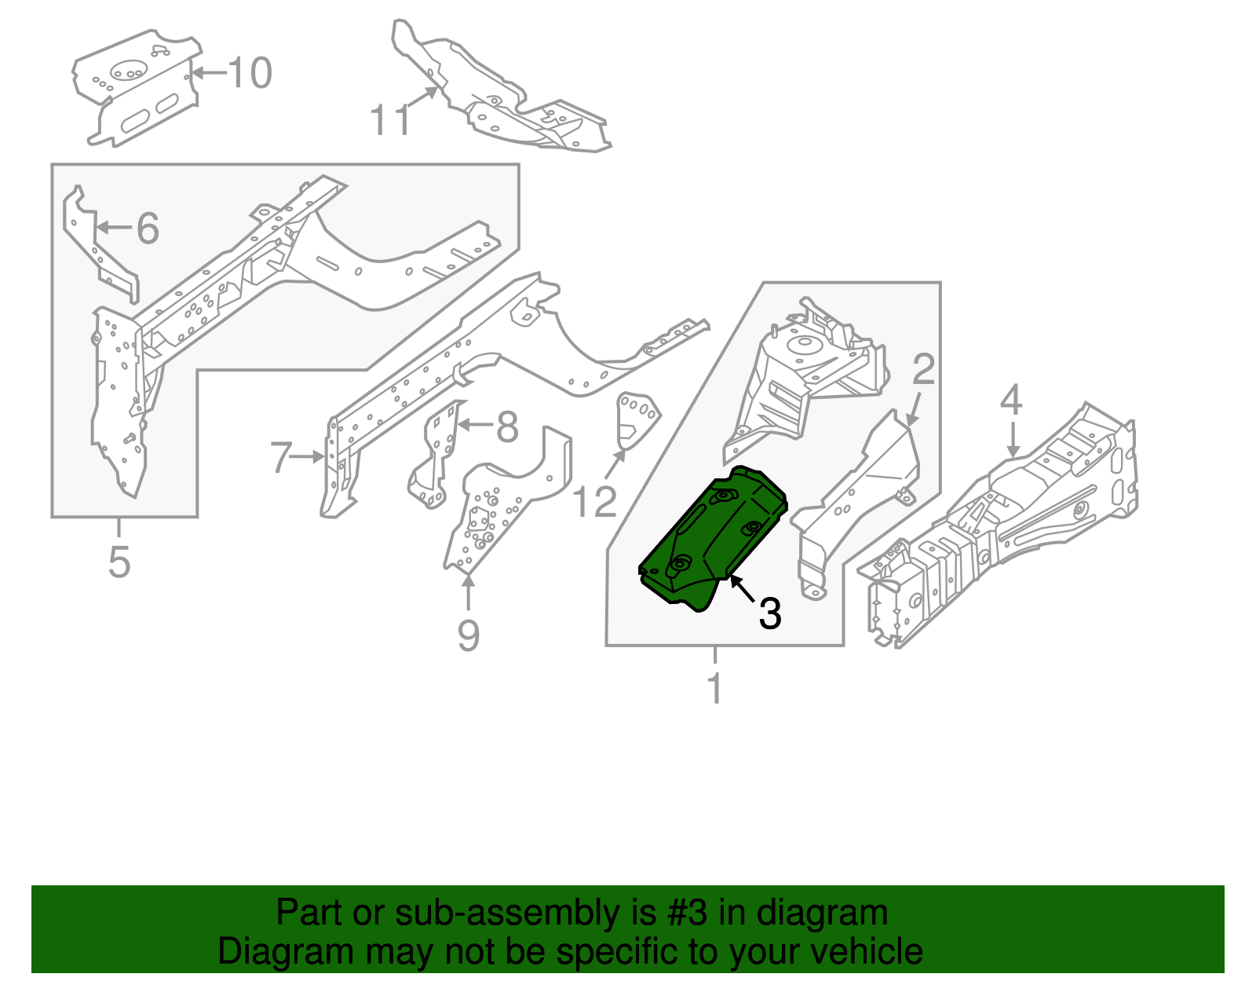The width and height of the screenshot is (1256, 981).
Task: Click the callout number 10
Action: coord(250,73)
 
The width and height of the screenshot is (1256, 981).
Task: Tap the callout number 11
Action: coord(390,120)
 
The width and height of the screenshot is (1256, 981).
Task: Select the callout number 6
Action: coord(148,229)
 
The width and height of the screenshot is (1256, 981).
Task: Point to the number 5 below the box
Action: coord(119,562)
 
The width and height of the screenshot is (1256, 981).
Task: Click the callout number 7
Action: coord(282,457)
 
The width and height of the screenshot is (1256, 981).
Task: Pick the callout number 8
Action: coord(507,427)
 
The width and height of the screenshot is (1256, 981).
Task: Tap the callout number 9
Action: coord(469,635)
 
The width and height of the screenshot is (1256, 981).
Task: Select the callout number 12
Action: coord(594,503)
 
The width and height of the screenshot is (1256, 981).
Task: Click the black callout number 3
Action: coord(770,613)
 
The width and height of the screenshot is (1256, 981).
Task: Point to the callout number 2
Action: coord(923,369)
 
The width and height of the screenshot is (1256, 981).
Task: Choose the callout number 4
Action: coord(1011,400)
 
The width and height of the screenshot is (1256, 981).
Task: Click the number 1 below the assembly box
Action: coord(714,689)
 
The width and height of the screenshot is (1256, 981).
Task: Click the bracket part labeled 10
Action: coord(137,90)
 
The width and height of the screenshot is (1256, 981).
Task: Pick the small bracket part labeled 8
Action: coord(434,456)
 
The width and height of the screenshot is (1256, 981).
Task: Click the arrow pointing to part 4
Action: coord(1013,440)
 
